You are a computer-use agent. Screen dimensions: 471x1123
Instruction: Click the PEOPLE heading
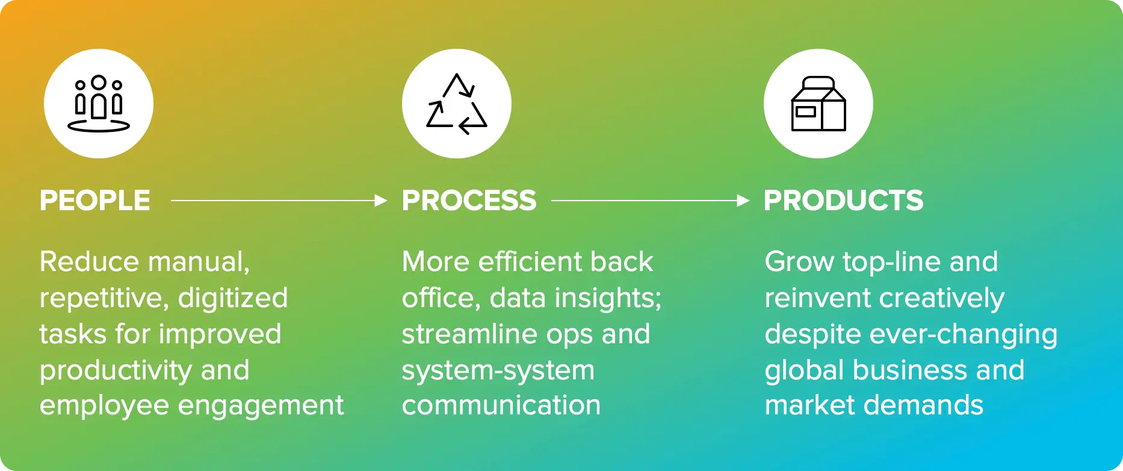[x=94, y=201]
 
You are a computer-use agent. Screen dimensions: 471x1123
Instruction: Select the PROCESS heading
[x=469, y=201]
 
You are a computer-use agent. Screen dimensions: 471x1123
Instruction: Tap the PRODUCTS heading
[x=843, y=201]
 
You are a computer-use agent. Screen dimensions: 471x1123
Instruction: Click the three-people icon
[x=99, y=104]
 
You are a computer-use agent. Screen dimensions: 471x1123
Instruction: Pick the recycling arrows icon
[x=457, y=104]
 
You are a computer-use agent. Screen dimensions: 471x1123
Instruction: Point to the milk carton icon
[x=818, y=104]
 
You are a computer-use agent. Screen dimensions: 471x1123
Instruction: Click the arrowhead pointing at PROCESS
[x=380, y=201]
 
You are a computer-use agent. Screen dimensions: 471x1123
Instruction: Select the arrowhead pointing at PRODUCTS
[x=743, y=201]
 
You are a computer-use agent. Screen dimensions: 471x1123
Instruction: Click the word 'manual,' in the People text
[x=199, y=263]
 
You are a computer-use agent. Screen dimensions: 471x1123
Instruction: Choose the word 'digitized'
[x=233, y=298]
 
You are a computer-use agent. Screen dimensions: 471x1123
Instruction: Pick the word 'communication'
[x=501, y=405]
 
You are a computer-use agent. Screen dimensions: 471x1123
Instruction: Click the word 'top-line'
[x=885, y=263]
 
